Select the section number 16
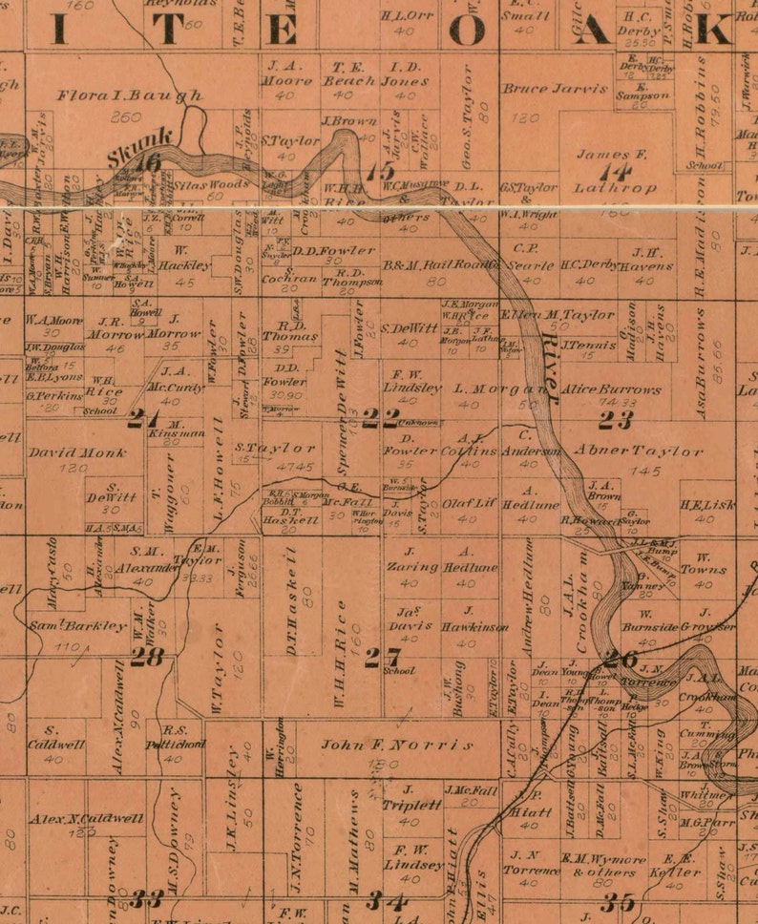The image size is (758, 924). (147, 164)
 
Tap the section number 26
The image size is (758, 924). (620, 658)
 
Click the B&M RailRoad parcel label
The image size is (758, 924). (428, 265)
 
